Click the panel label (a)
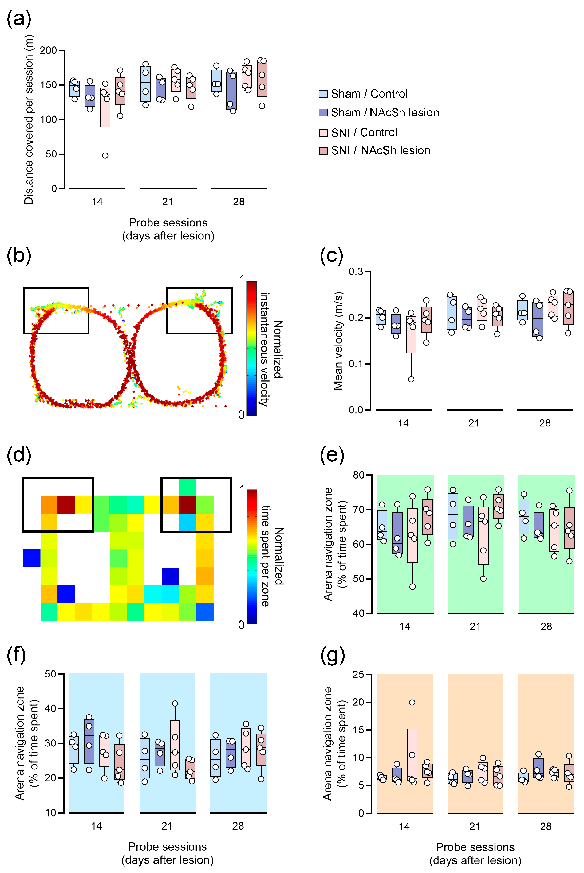19,19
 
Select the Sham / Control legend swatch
323,94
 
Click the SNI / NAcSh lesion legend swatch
323,151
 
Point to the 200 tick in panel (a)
48,50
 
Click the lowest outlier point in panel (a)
105,155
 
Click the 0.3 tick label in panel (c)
356,272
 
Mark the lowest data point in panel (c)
411,379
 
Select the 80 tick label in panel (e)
359,475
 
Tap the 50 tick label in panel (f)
50,674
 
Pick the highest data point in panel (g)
412,702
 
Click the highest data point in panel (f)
175,704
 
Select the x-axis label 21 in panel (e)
475,626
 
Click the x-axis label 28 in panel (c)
545,423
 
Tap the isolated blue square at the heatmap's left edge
32,558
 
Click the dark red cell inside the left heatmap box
66,505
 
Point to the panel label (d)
19,455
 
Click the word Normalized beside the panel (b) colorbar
278,349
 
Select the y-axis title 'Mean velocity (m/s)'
338,341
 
